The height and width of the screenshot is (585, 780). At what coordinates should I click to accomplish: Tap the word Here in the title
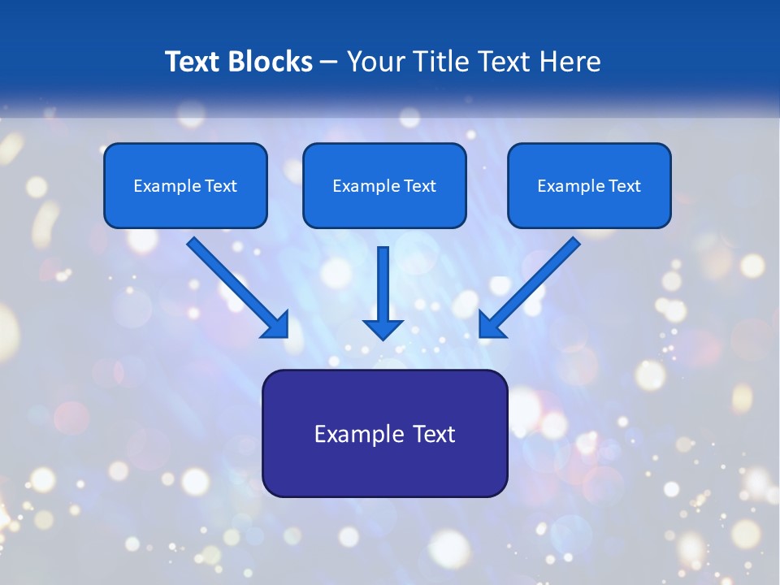point(570,62)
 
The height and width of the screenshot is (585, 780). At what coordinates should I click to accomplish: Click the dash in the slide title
point(329,63)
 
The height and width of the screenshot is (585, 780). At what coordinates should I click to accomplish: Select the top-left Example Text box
point(185,185)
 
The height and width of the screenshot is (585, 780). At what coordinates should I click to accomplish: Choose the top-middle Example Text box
point(384,185)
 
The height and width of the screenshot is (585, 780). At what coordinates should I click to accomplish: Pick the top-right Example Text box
point(589,185)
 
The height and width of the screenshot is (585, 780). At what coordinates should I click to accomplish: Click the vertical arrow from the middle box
point(383,284)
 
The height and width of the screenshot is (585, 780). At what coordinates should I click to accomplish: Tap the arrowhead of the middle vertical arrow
point(383,328)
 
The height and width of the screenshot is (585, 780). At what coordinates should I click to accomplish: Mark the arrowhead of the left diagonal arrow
point(276,325)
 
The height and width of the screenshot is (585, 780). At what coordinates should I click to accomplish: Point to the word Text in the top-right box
point(625,186)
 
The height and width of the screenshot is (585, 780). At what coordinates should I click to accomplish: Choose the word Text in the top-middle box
point(420,186)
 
